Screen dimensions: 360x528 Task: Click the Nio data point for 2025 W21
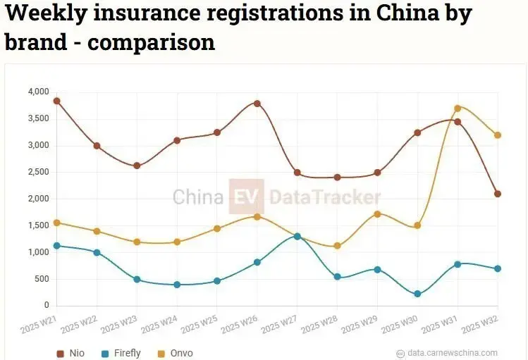[x=56, y=101]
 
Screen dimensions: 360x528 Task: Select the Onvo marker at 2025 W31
[x=458, y=108]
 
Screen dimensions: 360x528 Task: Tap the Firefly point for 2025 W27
[x=297, y=236]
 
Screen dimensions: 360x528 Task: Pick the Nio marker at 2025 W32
[x=498, y=194]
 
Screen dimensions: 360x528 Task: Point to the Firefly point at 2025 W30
[x=417, y=294]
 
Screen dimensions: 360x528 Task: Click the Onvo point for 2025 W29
[x=377, y=214]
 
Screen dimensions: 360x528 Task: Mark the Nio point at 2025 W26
[x=257, y=104]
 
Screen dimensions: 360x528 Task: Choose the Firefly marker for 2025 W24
[x=177, y=285]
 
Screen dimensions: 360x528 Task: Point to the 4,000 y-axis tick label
[x=38, y=92]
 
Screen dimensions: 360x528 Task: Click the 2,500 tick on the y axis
[x=38, y=173]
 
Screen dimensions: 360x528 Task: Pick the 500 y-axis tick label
[x=42, y=279]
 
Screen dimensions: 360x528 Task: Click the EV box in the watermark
[x=246, y=197]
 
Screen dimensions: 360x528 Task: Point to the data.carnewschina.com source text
[x=451, y=353]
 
